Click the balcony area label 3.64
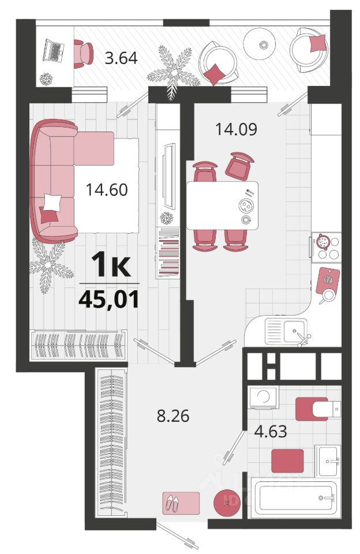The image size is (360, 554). click(121, 58)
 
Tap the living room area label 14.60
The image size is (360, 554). click(107, 190)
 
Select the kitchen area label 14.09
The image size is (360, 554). click(236, 129)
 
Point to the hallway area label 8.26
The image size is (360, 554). click(173, 416)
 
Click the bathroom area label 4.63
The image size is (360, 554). click(271, 432)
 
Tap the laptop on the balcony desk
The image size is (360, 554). click(53, 51)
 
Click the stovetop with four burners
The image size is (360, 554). click(327, 247)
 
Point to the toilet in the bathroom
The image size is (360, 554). click(318, 409)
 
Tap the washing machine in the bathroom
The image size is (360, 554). click(263, 397)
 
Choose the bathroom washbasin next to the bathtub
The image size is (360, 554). click(328, 461)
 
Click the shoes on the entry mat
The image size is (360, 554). click(172, 503)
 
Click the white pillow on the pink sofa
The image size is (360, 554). click(52, 203)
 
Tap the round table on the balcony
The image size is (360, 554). click(259, 44)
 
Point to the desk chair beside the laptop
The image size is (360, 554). click(84, 54)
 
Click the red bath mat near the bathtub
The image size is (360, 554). click(287, 461)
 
